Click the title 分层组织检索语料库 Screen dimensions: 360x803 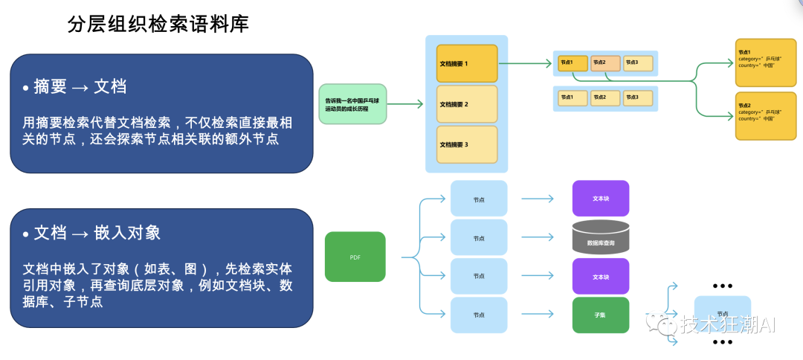[158, 25]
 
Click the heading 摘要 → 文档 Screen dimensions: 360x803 [80, 87]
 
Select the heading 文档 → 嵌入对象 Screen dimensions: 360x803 [97, 233]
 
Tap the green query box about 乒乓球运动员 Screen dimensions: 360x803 [352, 104]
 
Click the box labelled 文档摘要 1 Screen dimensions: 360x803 [466, 64]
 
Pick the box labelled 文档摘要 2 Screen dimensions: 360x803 [466, 104]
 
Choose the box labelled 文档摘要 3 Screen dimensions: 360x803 [466, 144]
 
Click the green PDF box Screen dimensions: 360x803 [355, 257]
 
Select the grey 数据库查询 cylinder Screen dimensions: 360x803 [600, 237]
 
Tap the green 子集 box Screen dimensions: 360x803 [600, 315]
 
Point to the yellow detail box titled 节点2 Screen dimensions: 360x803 [764, 115]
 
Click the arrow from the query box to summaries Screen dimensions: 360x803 [406, 104]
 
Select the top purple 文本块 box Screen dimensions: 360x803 [600, 199]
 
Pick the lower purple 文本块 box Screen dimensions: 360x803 [600, 276]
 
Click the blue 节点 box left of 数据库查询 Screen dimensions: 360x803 [479, 238]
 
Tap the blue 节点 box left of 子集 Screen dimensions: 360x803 [479, 315]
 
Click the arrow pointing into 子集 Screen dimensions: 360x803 [538, 315]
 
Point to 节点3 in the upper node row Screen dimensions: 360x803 [638, 62]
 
